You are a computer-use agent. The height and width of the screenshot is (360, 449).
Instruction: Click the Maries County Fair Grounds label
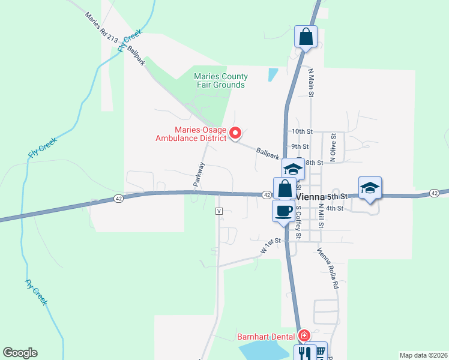[220, 80]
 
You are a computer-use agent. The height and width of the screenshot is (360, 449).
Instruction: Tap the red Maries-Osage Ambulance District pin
[236, 133]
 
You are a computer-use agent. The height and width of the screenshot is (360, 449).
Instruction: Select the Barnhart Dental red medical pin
[304, 335]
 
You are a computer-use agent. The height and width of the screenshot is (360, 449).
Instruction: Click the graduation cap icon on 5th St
[370, 187]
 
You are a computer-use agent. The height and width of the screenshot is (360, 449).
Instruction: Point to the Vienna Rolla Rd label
[328, 268]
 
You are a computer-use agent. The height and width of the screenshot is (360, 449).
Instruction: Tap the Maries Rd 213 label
[101, 28]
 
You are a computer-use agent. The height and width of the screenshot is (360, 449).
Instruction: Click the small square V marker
[219, 211]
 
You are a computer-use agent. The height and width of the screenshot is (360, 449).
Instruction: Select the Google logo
[20, 353]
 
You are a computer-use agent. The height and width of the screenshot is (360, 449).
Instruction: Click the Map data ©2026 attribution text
[423, 355]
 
